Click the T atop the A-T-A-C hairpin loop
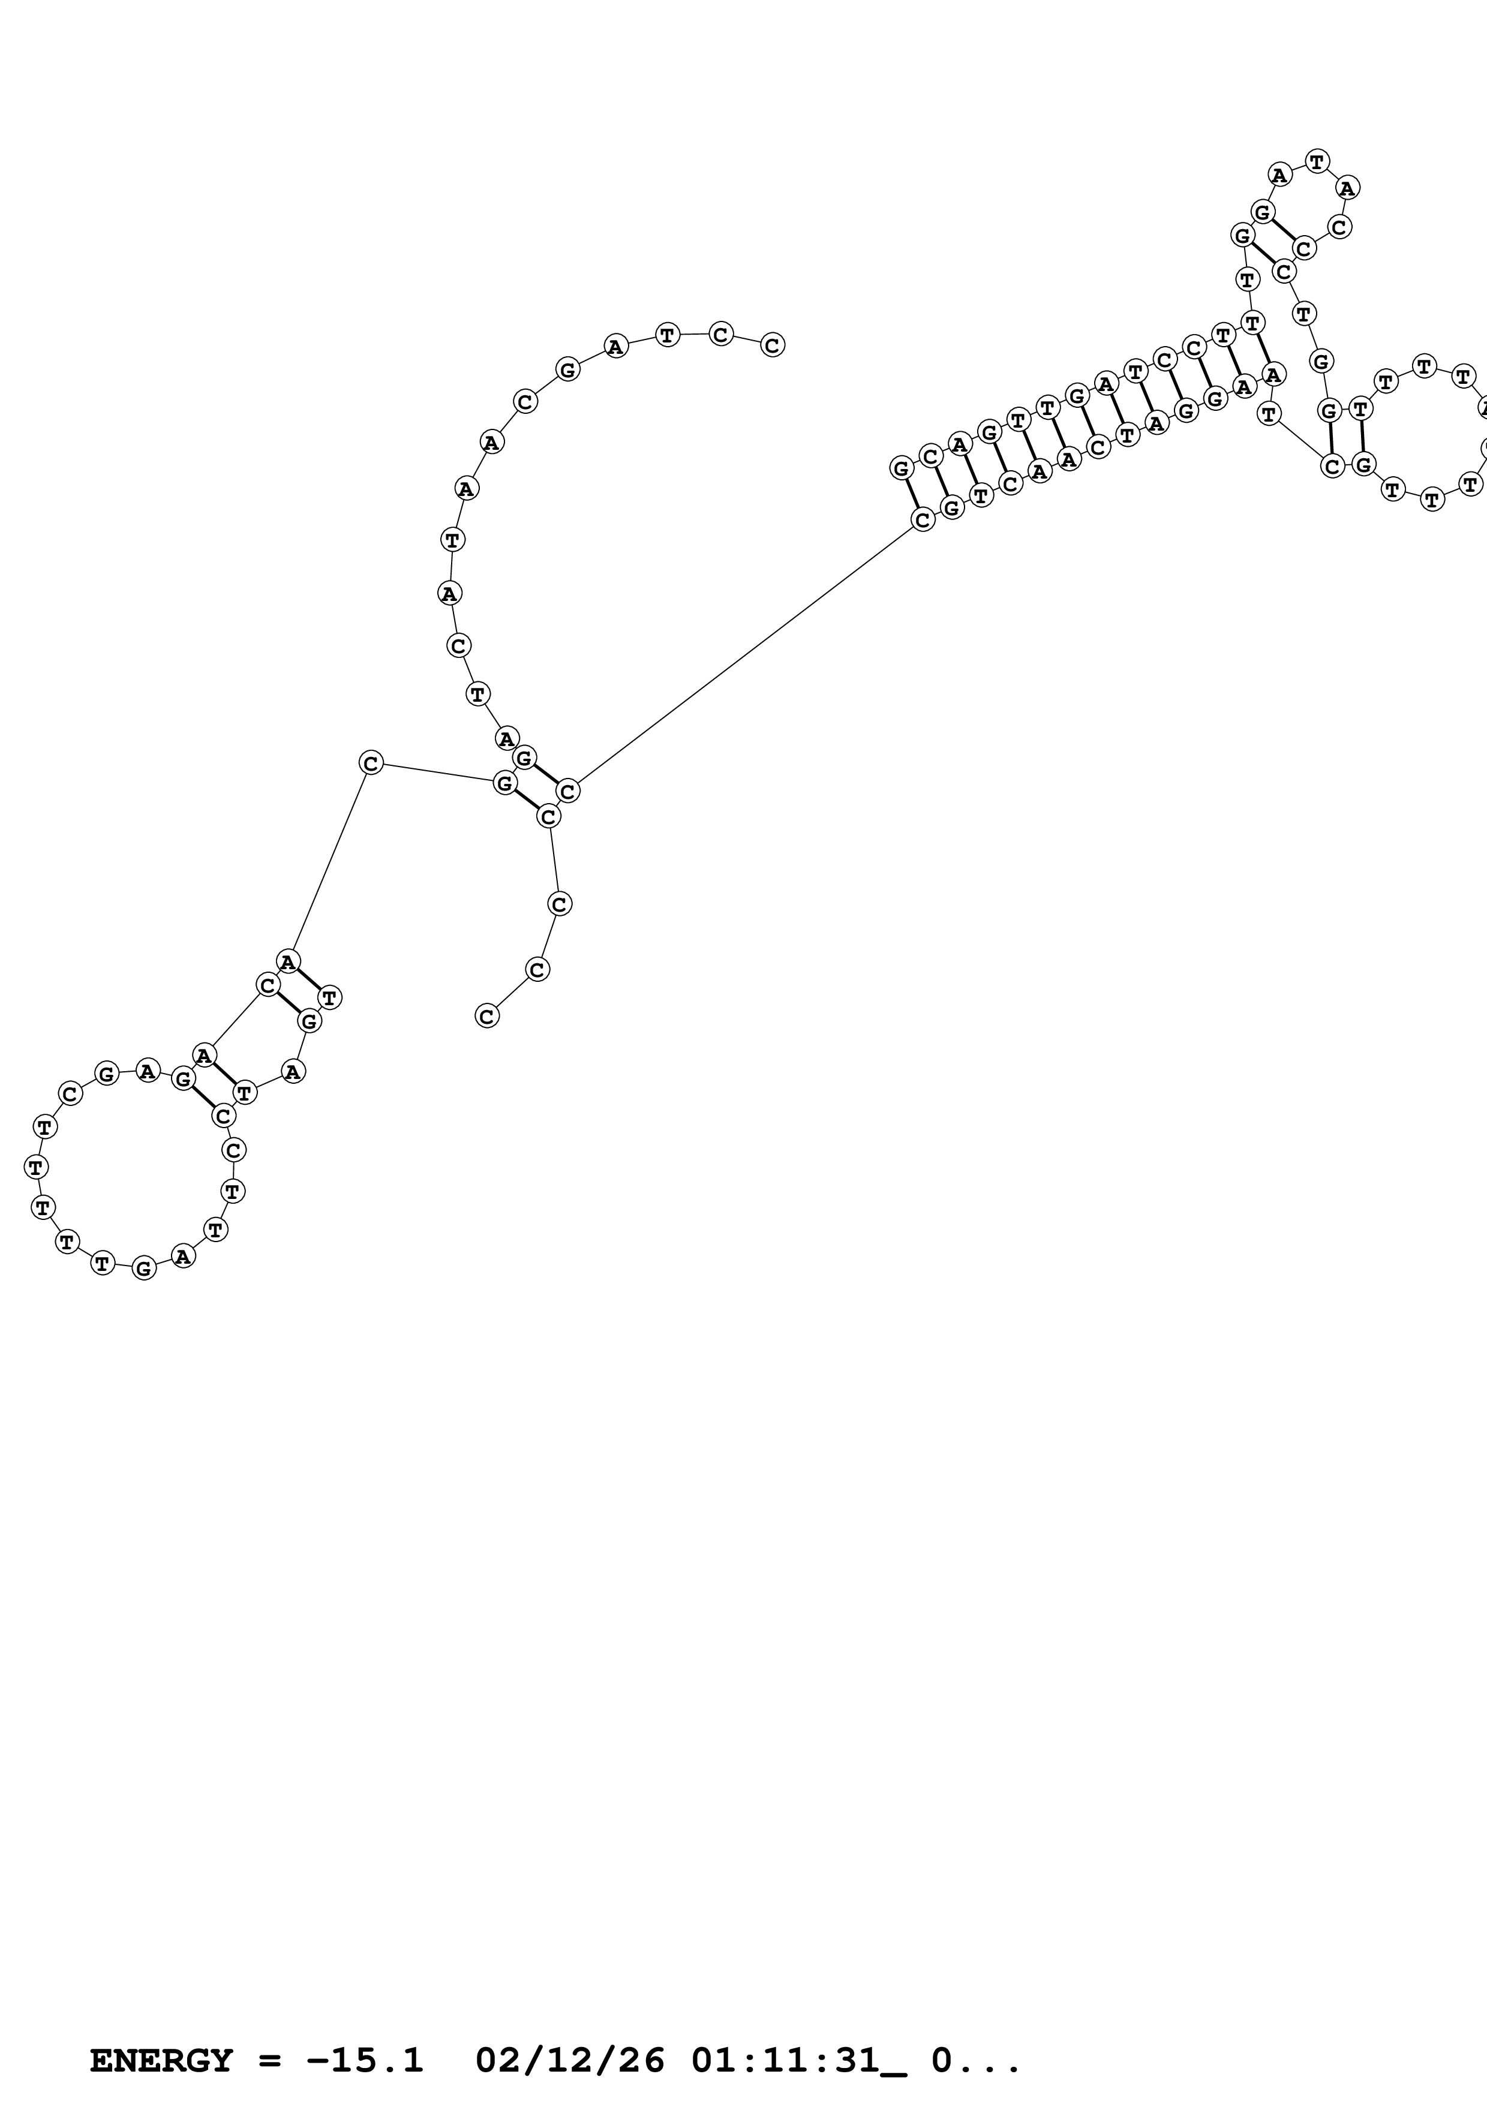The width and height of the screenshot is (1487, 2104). click(1317, 161)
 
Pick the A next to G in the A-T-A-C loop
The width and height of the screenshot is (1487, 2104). click(1280, 173)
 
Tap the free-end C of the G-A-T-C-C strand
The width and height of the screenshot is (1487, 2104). click(773, 344)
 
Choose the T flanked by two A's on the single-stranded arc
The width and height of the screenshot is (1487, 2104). click(452, 540)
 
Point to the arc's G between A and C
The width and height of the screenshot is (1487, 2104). click(568, 370)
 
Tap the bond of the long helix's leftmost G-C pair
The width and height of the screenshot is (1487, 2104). click(912, 494)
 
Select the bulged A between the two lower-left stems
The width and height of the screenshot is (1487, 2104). click(292, 1071)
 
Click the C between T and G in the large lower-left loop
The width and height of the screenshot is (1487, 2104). click(71, 1093)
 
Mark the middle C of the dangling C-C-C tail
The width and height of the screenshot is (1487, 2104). click(538, 969)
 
